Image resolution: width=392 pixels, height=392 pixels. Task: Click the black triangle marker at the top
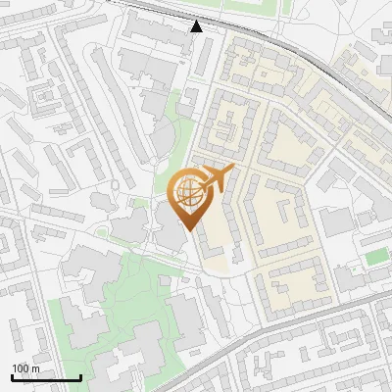coord(197,26)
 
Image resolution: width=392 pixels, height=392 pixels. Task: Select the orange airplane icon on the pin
coord(215,180)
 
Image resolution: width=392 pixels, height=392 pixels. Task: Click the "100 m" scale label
coord(25,368)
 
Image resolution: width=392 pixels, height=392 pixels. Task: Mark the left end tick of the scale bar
coord(12,376)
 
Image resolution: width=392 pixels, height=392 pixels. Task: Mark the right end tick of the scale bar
coord(79,376)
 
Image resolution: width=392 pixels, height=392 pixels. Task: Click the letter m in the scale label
coord(35,368)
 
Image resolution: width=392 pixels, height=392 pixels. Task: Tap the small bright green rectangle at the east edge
coord(376,258)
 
